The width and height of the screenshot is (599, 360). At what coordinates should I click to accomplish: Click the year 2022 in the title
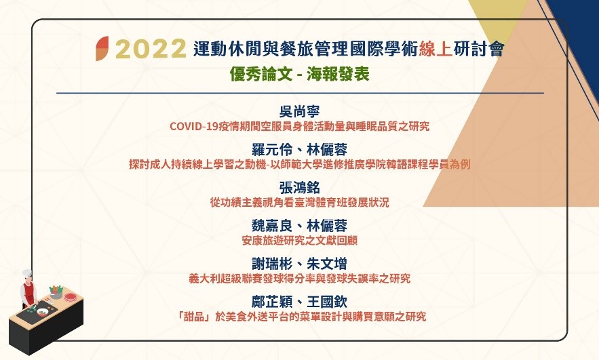[151, 49]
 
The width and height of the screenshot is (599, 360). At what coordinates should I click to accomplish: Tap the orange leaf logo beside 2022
[102, 49]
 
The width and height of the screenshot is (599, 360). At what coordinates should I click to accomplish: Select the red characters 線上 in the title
[435, 49]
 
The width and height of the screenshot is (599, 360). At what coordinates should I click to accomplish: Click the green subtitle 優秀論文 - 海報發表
[300, 74]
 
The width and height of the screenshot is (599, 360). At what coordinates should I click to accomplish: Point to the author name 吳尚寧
[300, 111]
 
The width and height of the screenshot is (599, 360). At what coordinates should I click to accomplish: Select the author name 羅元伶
[272, 150]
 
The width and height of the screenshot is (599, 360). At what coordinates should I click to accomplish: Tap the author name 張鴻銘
[300, 188]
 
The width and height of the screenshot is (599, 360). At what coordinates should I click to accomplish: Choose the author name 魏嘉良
[272, 226]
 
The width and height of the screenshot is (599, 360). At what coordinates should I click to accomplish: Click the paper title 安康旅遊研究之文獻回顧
[300, 241]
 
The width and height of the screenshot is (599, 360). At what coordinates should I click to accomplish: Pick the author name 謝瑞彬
[272, 264]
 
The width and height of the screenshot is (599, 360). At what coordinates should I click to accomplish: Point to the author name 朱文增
[327, 264]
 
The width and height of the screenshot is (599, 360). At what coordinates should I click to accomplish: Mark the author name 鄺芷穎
[272, 302]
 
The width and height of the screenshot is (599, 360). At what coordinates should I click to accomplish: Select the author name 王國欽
[327, 302]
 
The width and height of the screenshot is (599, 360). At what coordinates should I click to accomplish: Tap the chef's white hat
[26, 273]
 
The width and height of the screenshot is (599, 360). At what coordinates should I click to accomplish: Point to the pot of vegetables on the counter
[56, 292]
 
